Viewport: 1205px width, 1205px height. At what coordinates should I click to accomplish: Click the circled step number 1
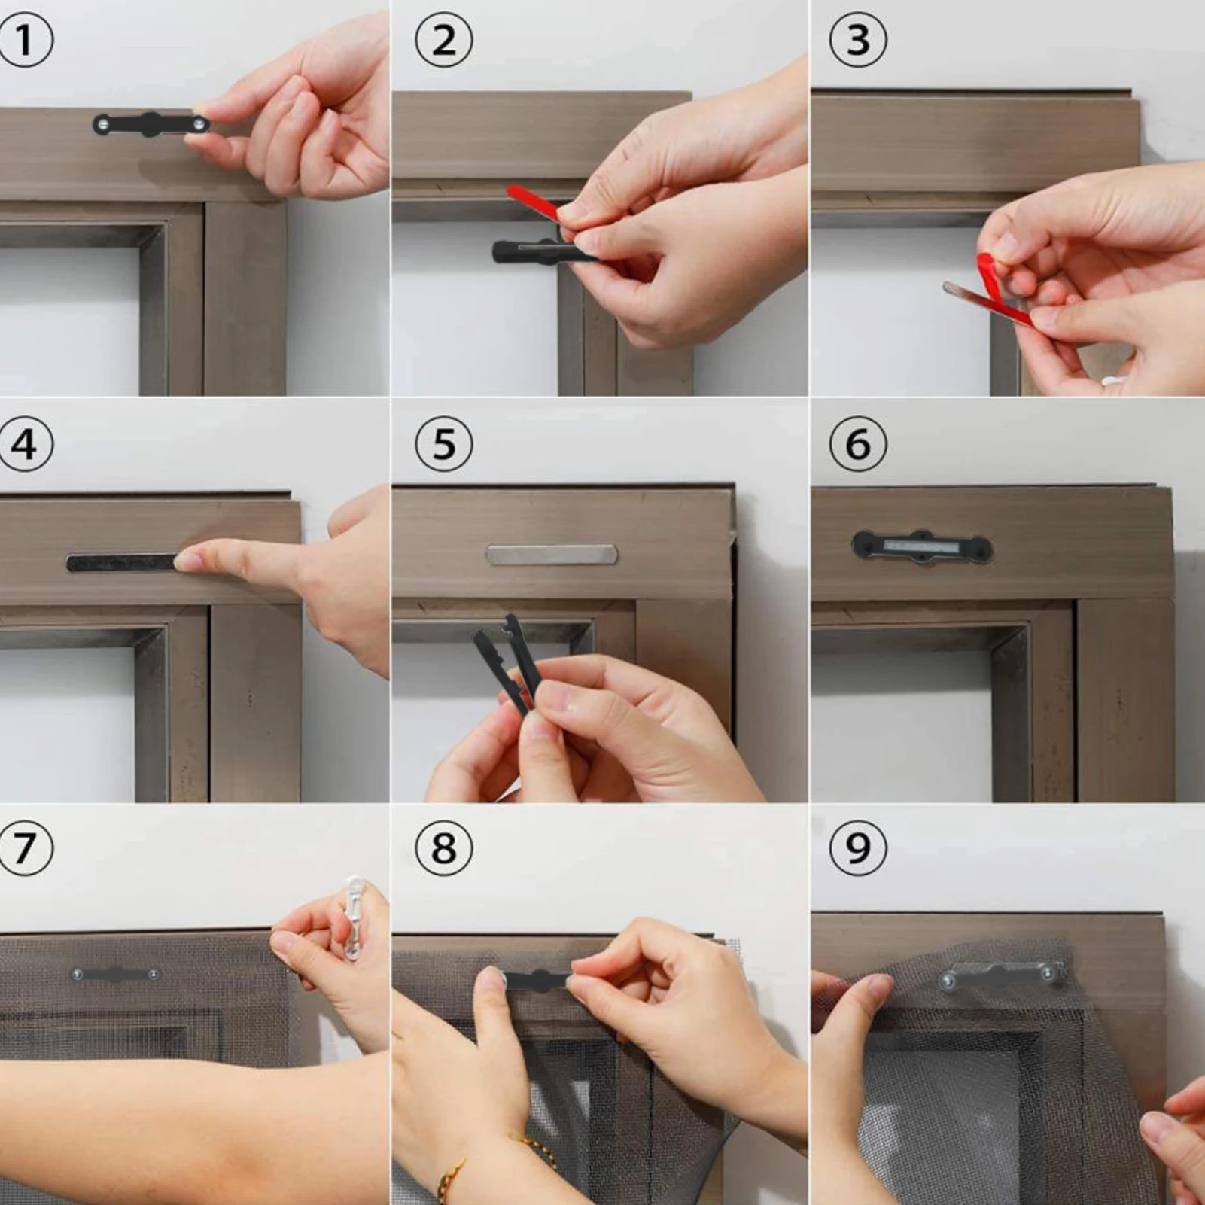(25, 40)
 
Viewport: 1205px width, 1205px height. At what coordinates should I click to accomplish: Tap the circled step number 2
(444, 40)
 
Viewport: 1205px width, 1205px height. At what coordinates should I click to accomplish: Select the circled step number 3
(858, 40)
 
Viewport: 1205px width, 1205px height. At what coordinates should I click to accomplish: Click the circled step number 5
(444, 444)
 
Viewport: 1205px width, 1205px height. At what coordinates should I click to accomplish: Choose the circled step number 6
(858, 444)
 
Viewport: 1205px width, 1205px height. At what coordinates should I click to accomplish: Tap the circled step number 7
(25, 848)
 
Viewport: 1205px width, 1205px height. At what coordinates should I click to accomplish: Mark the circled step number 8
(444, 848)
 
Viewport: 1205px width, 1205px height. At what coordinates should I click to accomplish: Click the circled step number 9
(858, 848)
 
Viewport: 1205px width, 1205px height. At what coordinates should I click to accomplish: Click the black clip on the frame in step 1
(151, 124)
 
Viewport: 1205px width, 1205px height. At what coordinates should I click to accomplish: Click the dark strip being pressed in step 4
(124, 562)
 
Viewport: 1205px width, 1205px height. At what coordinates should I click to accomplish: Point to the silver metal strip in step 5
(552, 555)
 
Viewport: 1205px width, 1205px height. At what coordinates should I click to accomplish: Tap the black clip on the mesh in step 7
(115, 975)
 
